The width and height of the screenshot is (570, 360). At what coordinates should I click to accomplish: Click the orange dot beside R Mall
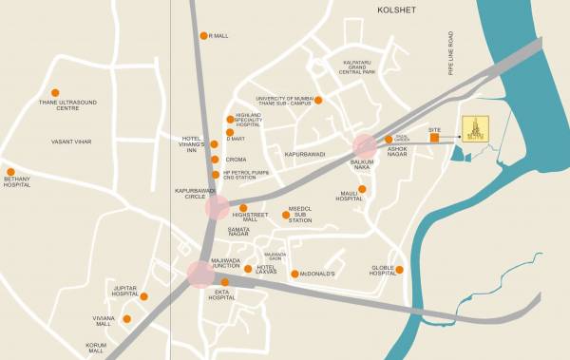tap(203, 36)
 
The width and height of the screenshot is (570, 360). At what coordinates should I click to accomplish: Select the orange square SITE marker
tap(434, 139)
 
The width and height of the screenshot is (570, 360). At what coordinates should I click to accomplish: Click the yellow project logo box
tap(474, 130)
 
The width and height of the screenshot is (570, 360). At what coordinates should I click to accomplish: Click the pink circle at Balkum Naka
tap(365, 145)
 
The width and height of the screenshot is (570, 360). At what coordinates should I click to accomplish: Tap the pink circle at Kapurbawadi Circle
tap(218, 208)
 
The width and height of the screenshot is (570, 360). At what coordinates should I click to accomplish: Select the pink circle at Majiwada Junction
tap(200, 274)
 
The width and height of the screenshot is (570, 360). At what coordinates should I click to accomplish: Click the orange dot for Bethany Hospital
tap(11, 172)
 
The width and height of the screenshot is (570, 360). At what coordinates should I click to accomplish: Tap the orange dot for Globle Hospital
tap(399, 270)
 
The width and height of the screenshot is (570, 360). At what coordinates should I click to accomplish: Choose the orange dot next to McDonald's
tap(294, 274)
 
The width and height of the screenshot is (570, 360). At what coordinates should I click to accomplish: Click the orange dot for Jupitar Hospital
tap(143, 296)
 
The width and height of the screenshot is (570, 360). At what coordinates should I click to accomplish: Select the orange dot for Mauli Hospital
tap(362, 189)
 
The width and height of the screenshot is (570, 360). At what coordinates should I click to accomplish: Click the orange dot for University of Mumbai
tap(318, 100)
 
